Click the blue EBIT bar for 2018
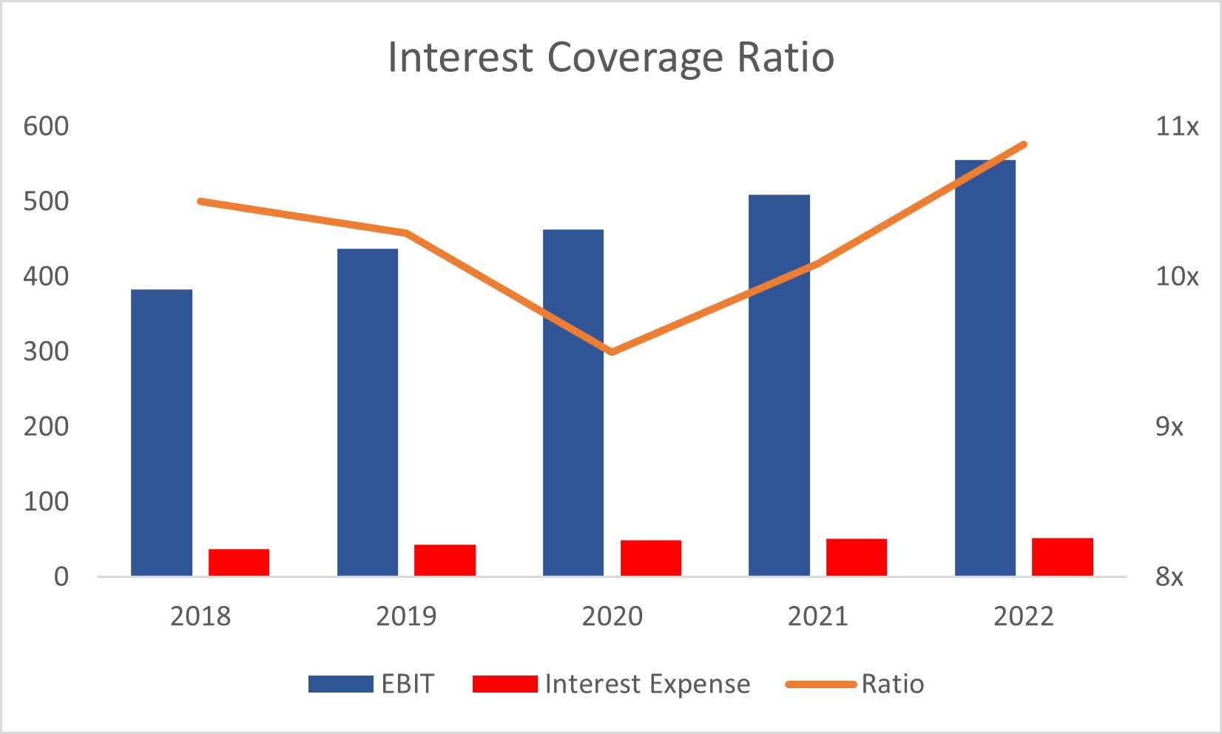161,432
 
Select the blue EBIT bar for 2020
573,403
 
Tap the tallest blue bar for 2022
985,368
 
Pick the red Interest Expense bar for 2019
445,560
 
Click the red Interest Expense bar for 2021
856,557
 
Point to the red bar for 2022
1062,556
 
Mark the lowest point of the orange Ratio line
612,351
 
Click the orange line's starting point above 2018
200,201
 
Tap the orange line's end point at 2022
1024,144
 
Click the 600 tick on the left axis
46,127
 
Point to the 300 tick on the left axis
46,351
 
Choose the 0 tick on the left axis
61,576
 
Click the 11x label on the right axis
1176,127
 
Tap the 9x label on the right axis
1169,427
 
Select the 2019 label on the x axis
406,616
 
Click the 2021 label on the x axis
817,616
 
